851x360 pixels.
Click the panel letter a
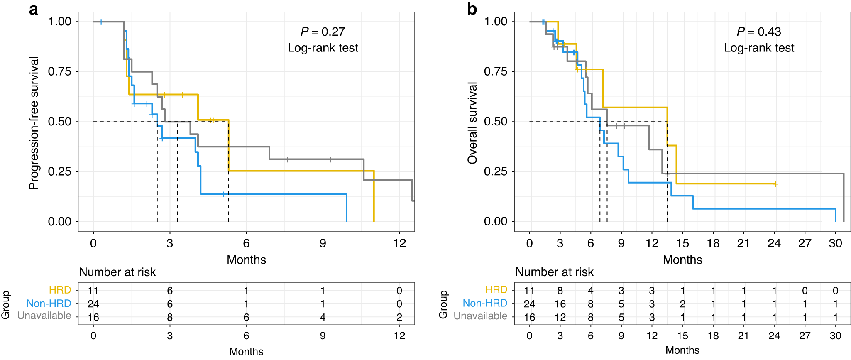coord(34,9)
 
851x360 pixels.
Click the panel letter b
coord(472,9)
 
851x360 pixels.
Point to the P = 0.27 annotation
coord(323,32)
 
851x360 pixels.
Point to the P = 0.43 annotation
coord(759,32)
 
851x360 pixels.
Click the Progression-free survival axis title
coord(34,123)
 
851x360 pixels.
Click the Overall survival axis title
coord(472,123)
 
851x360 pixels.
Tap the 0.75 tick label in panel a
coord(60,71)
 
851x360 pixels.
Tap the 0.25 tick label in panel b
coord(496,171)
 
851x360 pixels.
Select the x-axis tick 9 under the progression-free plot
coord(323,243)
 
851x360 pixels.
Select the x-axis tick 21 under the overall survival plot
coord(743,243)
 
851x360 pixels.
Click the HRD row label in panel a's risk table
coord(60,290)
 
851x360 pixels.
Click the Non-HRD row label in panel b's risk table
coord(485,304)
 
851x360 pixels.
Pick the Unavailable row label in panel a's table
coord(44,316)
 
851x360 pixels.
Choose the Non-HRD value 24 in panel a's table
coord(93,304)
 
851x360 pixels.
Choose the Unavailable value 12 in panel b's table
coord(560,317)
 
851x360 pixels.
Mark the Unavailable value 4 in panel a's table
coord(323,317)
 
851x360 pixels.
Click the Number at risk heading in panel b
coord(554,272)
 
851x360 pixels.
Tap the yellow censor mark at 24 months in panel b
coord(775,184)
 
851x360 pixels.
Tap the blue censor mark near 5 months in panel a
coord(223,194)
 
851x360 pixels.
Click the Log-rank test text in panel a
coord(323,48)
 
